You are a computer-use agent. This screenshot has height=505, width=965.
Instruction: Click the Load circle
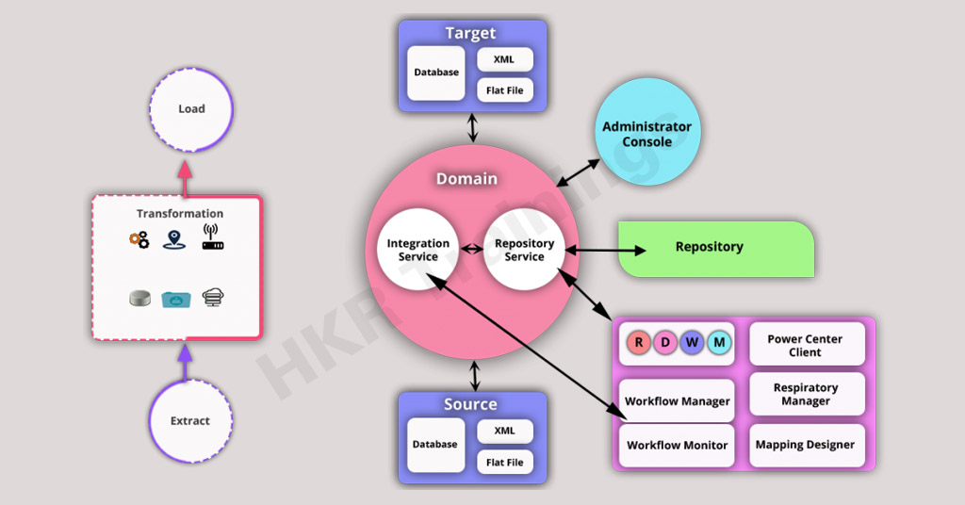click(x=191, y=109)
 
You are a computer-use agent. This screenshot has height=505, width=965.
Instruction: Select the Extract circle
click(x=190, y=421)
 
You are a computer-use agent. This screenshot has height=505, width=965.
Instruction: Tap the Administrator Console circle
click(x=646, y=133)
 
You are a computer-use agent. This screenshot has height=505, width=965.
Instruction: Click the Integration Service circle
click(x=418, y=250)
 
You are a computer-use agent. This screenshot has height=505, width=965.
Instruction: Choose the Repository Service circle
click(x=524, y=250)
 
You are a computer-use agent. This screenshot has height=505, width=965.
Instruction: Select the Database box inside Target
click(x=436, y=73)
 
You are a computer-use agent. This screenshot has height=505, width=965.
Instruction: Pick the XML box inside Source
click(x=505, y=430)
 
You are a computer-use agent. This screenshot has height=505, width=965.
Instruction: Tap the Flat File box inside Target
click(x=505, y=90)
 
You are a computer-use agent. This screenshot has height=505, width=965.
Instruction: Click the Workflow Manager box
click(x=677, y=400)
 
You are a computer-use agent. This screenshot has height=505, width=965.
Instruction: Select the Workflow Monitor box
click(x=677, y=445)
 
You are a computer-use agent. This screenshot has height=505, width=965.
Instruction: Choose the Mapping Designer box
click(x=806, y=445)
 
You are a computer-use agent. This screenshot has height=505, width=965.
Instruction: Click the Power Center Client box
click(x=806, y=345)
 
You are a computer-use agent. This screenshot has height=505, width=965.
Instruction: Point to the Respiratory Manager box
click(x=806, y=394)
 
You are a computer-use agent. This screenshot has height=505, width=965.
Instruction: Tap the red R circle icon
click(x=639, y=342)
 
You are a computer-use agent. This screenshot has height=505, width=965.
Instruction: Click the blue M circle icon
click(x=718, y=342)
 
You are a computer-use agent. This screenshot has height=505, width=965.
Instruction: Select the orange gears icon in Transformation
click(x=139, y=240)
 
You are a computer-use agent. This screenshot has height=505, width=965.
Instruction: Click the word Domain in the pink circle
click(x=466, y=179)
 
